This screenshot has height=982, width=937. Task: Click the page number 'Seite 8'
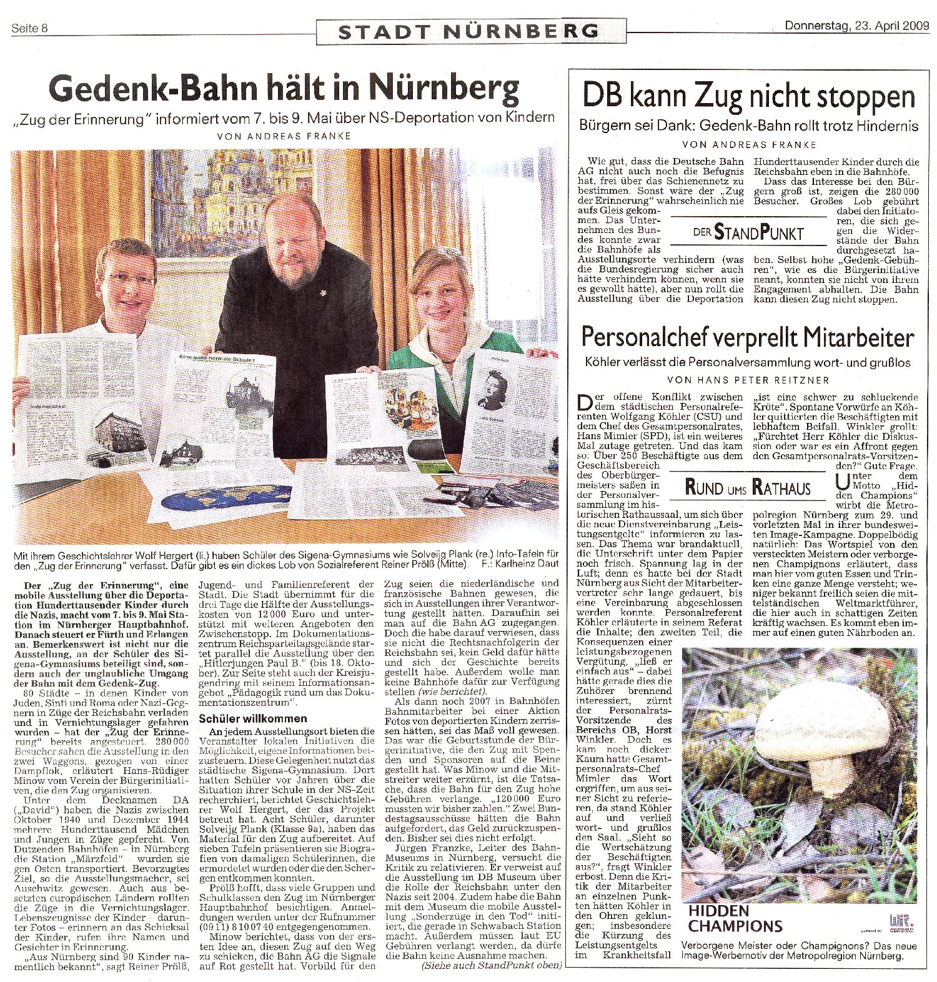[x=30, y=27]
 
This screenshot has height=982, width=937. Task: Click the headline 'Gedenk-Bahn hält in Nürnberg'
[x=284, y=91]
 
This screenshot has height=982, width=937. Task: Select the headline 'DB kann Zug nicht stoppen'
[x=749, y=97]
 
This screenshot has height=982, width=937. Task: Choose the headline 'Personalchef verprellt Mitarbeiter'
[x=748, y=338]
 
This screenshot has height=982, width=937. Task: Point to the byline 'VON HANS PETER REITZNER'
[x=748, y=379]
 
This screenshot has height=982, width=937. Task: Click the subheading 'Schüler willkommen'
[x=244, y=718]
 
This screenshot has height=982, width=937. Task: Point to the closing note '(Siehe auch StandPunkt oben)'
[x=492, y=966]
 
